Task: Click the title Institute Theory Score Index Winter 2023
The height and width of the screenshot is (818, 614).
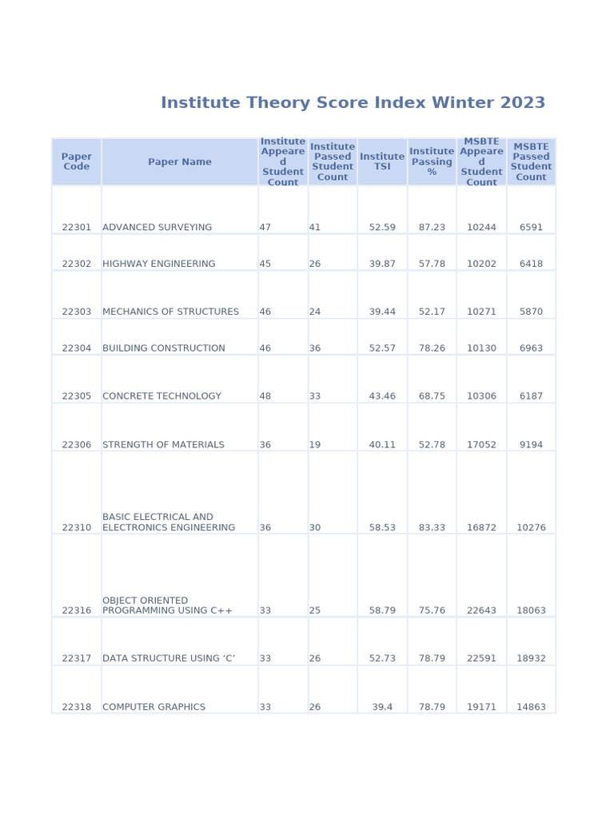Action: (353, 103)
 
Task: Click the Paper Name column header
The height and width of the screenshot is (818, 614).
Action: (180, 162)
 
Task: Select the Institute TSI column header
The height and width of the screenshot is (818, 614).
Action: (382, 162)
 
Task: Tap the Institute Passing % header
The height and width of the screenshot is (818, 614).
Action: (432, 162)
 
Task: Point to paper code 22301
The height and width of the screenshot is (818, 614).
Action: (77, 228)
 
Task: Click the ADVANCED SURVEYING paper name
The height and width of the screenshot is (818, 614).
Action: (157, 228)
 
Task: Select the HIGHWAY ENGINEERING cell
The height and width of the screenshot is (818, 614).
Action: (159, 264)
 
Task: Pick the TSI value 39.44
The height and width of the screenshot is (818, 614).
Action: (382, 312)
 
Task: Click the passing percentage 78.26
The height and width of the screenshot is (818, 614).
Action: (432, 348)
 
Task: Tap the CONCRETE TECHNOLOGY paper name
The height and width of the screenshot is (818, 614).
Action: (161, 396)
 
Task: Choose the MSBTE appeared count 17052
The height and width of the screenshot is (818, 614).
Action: (481, 445)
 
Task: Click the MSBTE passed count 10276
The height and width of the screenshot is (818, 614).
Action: (531, 528)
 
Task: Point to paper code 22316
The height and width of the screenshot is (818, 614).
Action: (77, 611)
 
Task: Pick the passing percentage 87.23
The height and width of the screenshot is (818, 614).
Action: (432, 228)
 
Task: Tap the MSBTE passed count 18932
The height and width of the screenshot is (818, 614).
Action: (531, 659)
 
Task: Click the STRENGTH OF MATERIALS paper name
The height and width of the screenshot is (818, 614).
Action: (163, 445)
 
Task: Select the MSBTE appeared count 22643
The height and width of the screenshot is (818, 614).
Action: (481, 611)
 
